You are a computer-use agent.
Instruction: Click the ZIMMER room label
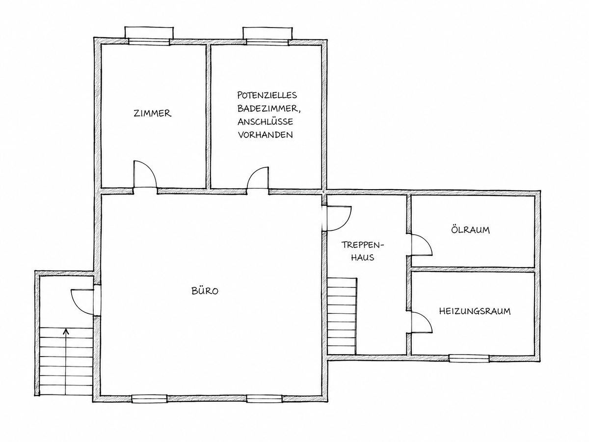[x=153, y=113]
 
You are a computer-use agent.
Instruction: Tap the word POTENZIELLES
[x=267, y=95]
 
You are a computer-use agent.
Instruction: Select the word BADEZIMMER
[x=268, y=109]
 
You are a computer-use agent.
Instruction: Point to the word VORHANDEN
[x=265, y=135]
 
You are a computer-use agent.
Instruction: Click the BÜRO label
[x=205, y=291]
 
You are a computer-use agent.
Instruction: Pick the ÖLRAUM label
[x=470, y=230]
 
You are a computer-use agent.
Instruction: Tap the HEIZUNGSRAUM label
[x=475, y=311]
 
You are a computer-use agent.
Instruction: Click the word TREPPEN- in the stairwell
[x=363, y=245]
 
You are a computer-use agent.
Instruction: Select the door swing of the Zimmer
[x=145, y=174]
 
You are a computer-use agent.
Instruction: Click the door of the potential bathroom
[x=258, y=178]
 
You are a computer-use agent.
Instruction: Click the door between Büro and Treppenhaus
[x=338, y=218]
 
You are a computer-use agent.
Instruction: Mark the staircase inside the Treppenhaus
[x=342, y=316]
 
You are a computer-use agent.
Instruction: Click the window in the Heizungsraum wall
[x=469, y=359]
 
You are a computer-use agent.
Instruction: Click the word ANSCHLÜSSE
[x=266, y=122]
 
